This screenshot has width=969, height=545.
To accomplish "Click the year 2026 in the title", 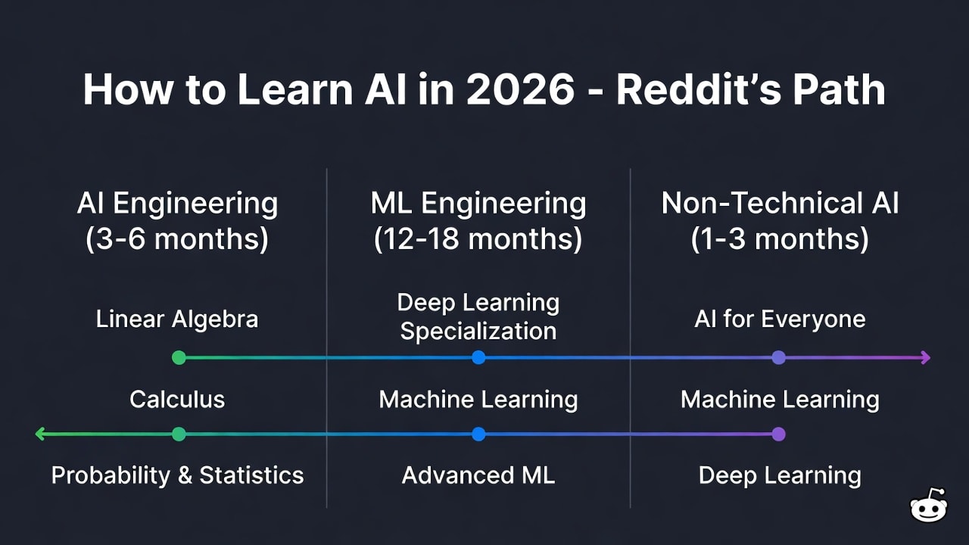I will (x=520, y=90).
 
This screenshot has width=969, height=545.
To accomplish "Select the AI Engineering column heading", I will (x=177, y=204).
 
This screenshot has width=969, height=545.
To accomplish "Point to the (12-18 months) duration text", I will (x=478, y=239).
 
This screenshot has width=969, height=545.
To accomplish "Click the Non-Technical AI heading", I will (x=780, y=204).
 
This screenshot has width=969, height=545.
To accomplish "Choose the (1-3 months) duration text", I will (x=780, y=239).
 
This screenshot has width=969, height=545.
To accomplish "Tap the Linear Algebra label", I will (x=177, y=319).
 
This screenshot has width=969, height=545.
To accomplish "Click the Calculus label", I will (x=177, y=399).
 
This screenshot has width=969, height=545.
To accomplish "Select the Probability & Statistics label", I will (x=177, y=475).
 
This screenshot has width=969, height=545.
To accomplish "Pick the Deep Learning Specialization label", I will (x=478, y=317).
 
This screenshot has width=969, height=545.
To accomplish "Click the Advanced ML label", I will (x=478, y=475).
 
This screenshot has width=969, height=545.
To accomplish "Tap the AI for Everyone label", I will (x=780, y=319).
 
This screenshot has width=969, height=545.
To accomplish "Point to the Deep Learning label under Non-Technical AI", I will (x=780, y=475).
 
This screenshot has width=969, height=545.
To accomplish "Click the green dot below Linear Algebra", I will (x=179, y=357).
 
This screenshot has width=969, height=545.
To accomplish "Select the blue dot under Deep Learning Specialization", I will (x=478, y=357).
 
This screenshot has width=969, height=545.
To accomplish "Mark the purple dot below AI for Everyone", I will (x=778, y=357).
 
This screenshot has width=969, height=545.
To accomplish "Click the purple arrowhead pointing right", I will (x=924, y=357).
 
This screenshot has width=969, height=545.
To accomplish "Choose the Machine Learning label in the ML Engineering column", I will (x=478, y=399).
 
